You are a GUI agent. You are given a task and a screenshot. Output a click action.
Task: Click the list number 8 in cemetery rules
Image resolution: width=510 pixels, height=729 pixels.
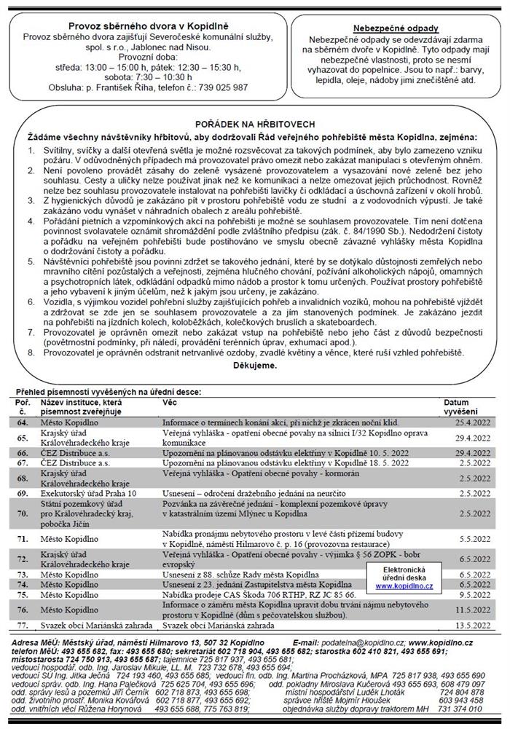(29, 352)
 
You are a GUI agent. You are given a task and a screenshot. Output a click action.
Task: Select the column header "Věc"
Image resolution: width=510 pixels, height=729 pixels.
(169, 402)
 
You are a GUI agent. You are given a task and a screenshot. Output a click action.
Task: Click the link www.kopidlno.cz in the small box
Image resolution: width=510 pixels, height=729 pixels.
(404, 586)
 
